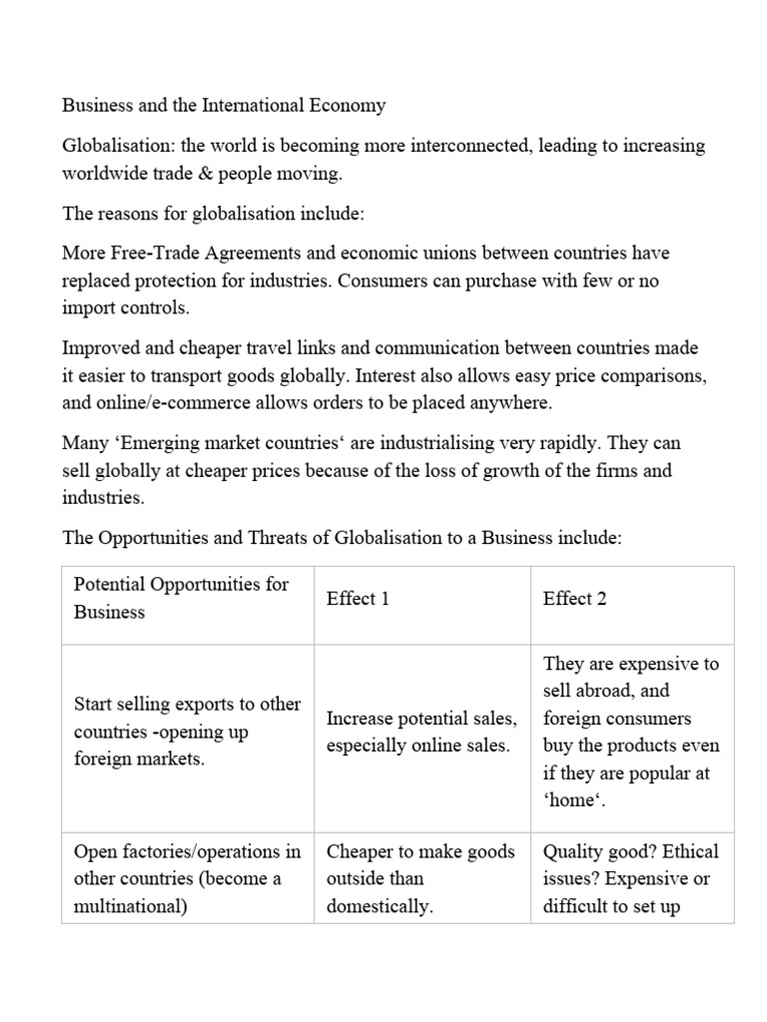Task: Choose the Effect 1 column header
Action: pos(358,599)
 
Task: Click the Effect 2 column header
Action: pos(574,599)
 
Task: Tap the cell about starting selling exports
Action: pos(187,732)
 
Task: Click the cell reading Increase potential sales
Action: pos(420,732)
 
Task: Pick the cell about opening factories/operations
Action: pos(187,879)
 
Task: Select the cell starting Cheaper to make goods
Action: pos(420,879)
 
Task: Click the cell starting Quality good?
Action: pos(630,879)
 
